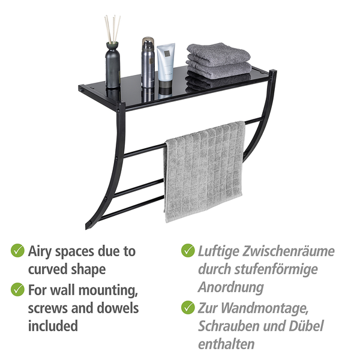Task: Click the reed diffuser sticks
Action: click(113, 29)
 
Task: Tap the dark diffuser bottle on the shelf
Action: click(113, 65)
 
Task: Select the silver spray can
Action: click(148, 62)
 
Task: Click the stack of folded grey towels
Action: click(218, 66)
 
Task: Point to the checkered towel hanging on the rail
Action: click(204, 172)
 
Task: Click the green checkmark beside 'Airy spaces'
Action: click(17, 250)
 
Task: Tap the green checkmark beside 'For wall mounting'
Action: click(17, 290)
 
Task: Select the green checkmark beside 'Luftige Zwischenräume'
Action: click(188, 250)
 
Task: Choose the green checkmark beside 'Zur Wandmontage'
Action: click(188, 307)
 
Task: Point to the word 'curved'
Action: click(48, 269)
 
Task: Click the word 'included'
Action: click(53, 326)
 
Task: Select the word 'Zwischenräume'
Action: click(289, 251)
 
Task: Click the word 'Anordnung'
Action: click(231, 287)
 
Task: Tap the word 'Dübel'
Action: click(306, 326)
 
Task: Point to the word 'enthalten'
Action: click(226, 344)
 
